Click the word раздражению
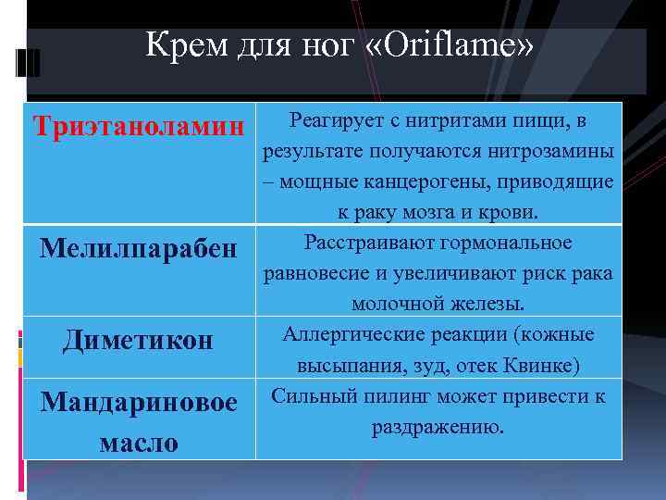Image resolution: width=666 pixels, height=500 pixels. pos(438,427)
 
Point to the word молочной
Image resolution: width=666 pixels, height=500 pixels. pos(390,304)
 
